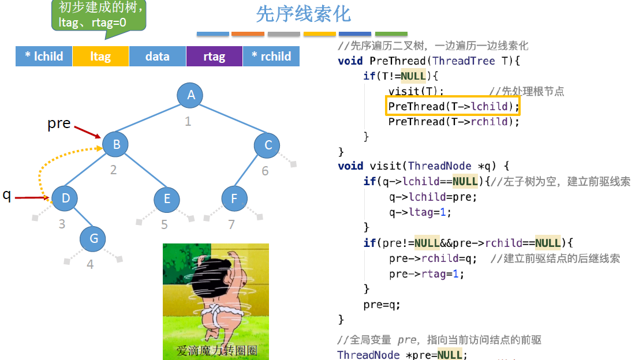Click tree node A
click(x=191, y=95)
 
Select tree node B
click(x=116, y=144)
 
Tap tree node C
click(x=268, y=145)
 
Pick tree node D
click(x=66, y=198)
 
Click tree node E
click(x=167, y=199)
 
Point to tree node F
click(x=234, y=199)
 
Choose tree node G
click(x=94, y=238)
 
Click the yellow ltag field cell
click(x=100, y=56)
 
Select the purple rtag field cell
click(x=214, y=56)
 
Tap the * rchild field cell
click(x=271, y=56)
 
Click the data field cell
click(x=157, y=56)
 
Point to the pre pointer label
click(x=59, y=123)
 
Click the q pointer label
click(x=7, y=195)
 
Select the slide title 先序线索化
click(x=303, y=14)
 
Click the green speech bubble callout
click(x=99, y=16)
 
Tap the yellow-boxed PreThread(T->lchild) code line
click(x=454, y=106)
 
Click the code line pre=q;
click(x=382, y=304)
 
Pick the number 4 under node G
click(x=90, y=265)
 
